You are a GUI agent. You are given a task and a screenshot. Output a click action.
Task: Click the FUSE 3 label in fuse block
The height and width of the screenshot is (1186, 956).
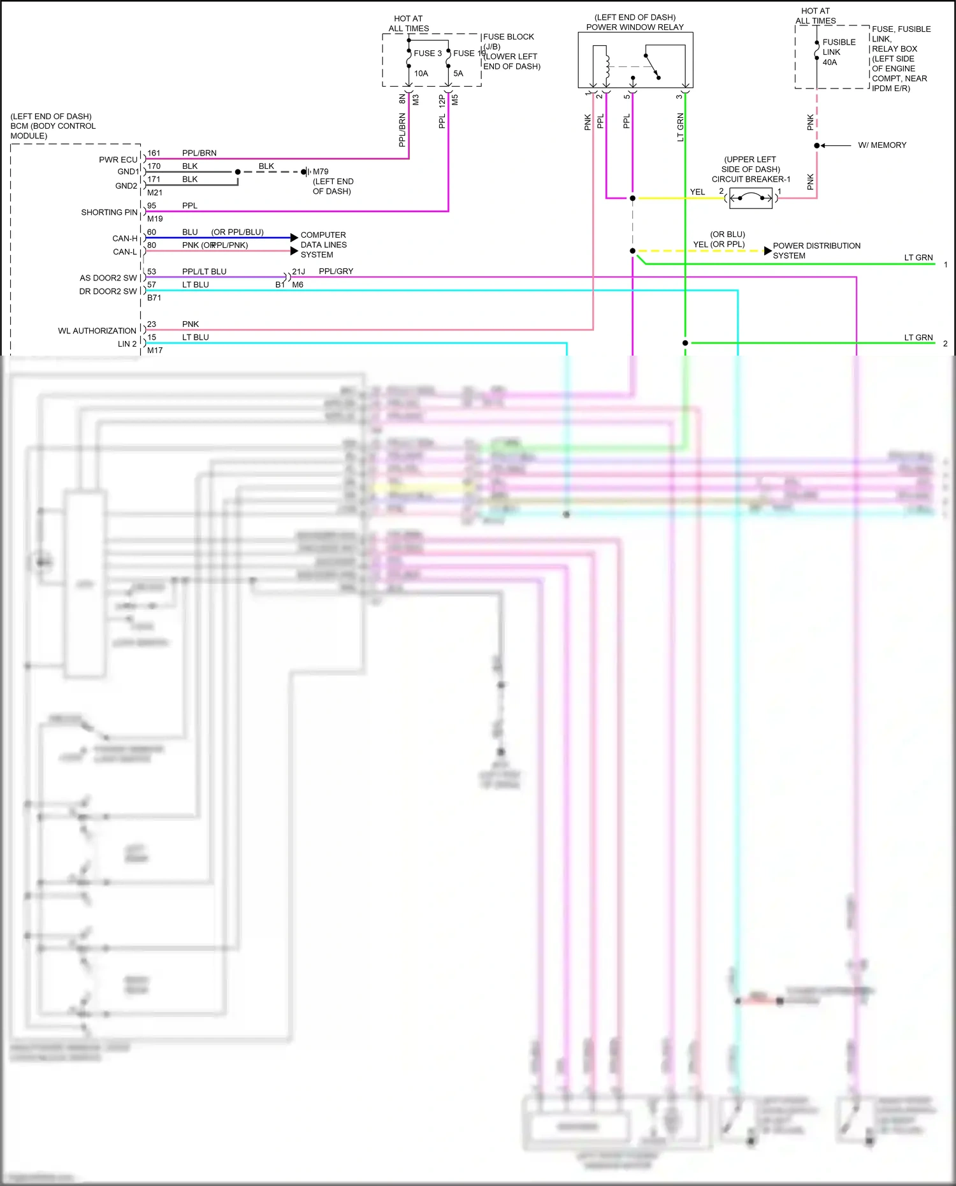coord(427,54)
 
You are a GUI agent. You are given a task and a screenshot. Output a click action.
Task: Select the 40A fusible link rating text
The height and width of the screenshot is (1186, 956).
coord(829,62)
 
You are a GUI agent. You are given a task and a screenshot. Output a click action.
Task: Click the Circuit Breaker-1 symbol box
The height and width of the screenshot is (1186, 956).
coord(750,199)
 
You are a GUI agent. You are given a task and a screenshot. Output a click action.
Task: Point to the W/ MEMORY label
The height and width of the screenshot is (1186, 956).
coord(881,145)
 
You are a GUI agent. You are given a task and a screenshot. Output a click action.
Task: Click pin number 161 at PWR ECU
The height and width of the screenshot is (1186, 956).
coord(154,154)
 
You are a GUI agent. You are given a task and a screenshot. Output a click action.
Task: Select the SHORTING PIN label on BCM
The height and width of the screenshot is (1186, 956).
coord(109,212)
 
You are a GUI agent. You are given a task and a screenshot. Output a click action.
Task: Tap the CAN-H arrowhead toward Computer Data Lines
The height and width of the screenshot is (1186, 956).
coord(294,238)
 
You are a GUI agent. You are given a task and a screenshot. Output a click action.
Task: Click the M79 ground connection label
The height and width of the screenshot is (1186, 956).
coord(321,171)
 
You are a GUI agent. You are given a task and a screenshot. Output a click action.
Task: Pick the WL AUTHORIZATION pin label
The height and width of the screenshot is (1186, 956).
coord(97,331)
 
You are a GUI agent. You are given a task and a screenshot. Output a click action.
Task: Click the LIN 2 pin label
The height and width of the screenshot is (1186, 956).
coord(127,344)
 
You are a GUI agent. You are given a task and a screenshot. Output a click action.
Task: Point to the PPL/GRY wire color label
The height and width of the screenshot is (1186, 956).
coord(336,271)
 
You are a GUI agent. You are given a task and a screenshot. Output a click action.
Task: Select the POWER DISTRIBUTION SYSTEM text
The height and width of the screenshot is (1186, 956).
coord(816,250)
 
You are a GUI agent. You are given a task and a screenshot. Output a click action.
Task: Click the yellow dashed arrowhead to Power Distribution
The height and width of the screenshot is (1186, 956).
coord(767,250)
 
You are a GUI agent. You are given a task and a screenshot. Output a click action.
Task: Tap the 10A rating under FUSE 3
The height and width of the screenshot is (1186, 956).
coord(421,73)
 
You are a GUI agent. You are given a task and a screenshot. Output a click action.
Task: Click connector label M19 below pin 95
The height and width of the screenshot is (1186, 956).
coord(155,219)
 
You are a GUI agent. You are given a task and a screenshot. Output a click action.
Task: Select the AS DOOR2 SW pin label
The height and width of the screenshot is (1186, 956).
coord(108,278)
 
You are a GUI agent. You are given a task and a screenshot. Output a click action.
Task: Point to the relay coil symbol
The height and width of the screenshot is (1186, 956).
coord(606,66)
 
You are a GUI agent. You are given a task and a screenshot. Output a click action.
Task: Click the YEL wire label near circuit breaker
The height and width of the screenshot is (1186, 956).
coord(697,192)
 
